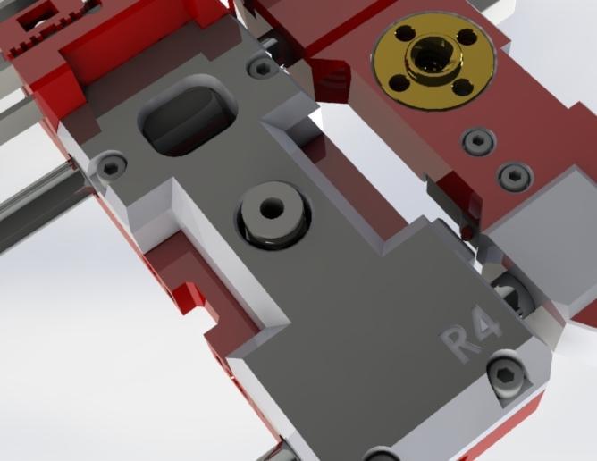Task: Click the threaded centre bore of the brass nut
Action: tap(433, 61)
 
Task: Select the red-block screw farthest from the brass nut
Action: tap(514, 176)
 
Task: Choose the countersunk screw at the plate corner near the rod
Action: tap(111, 167)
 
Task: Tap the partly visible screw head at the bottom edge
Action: tap(380, 454)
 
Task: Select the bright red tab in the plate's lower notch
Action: tap(190, 295)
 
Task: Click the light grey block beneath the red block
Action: tap(536, 223)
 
